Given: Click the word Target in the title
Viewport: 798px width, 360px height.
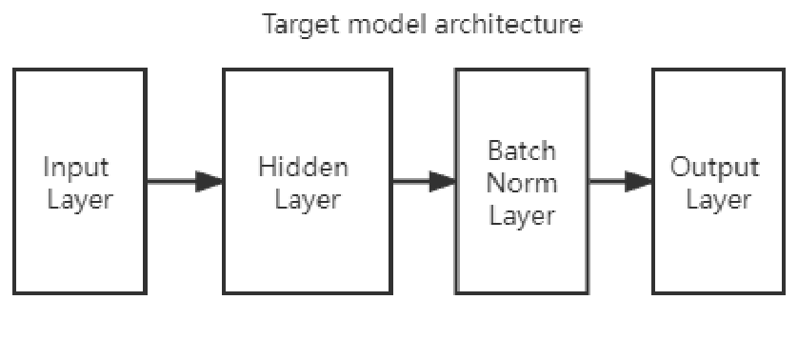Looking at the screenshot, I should pyautogui.click(x=295, y=25).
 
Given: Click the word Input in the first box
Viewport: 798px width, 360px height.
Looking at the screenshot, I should pyautogui.click(x=76, y=168).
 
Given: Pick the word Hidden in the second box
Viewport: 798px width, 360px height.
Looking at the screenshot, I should pyautogui.click(x=303, y=168).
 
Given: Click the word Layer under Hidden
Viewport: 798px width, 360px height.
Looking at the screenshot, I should pyautogui.click(x=307, y=201).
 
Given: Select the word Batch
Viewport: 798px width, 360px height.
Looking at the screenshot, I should pyautogui.click(x=522, y=150).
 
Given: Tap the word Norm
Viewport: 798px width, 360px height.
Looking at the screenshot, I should pyautogui.click(x=522, y=182).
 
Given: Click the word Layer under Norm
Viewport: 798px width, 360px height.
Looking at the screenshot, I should pyautogui.click(x=522, y=215).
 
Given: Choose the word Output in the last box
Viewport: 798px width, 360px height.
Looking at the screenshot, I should pyautogui.click(x=715, y=168).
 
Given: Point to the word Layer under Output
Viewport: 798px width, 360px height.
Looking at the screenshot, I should pyautogui.click(x=718, y=201).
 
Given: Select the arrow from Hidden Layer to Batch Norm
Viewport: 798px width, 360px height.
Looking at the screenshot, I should pyautogui.click(x=423, y=181).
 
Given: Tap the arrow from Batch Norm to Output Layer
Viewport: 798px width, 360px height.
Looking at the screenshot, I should pyautogui.click(x=619, y=181).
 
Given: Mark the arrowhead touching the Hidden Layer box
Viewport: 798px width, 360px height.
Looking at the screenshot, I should pyautogui.click(x=209, y=181).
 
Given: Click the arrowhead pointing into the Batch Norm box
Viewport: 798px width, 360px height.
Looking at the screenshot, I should pyautogui.click(x=443, y=181).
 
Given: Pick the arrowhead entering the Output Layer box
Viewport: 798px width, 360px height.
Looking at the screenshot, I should pyautogui.click(x=639, y=181).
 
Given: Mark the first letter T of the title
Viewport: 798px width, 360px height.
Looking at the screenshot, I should pyautogui.click(x=269, y=25).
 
